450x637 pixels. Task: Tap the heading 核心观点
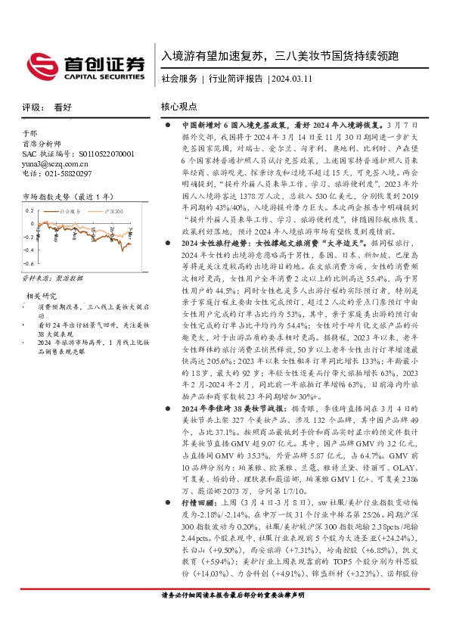coord(179,107)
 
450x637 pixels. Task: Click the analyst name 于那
coord(29,132)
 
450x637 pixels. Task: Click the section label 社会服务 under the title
coord(179,78)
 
